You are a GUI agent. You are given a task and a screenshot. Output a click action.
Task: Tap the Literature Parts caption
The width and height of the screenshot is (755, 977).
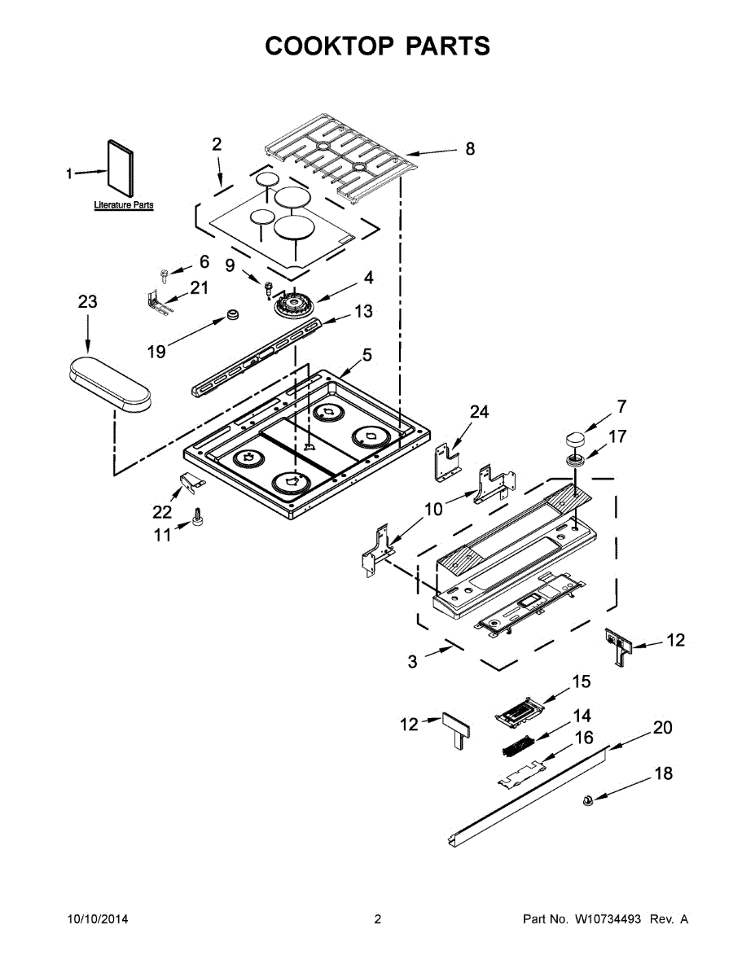pyautogui.click(x=124, y=205)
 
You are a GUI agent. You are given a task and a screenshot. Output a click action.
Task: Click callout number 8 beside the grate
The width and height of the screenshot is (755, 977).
pyautogui.click(x=470, y=149)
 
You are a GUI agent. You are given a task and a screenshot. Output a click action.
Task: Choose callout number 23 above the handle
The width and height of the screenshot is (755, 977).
pyautogui.click(x=87, y=302)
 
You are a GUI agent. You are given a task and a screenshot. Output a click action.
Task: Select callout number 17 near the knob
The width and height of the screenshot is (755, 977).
pyautogui.click(x=617, y=437)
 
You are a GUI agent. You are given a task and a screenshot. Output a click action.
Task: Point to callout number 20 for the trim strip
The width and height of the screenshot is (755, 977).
pyautogui.click(x=663, y=727)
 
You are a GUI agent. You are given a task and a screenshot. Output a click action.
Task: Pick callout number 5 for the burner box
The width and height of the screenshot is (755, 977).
pyautogui.click(x=367, y=355)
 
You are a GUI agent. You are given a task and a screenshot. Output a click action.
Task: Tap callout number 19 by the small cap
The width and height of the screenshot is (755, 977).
pyautogui.click(x=156, y=351)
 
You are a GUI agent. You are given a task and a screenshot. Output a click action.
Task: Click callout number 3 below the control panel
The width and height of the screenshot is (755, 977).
pyautogui.click(x=413, y=662)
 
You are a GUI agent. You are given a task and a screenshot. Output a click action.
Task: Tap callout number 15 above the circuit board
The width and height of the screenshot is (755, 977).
pyautogui.click(x=581, y=681)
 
